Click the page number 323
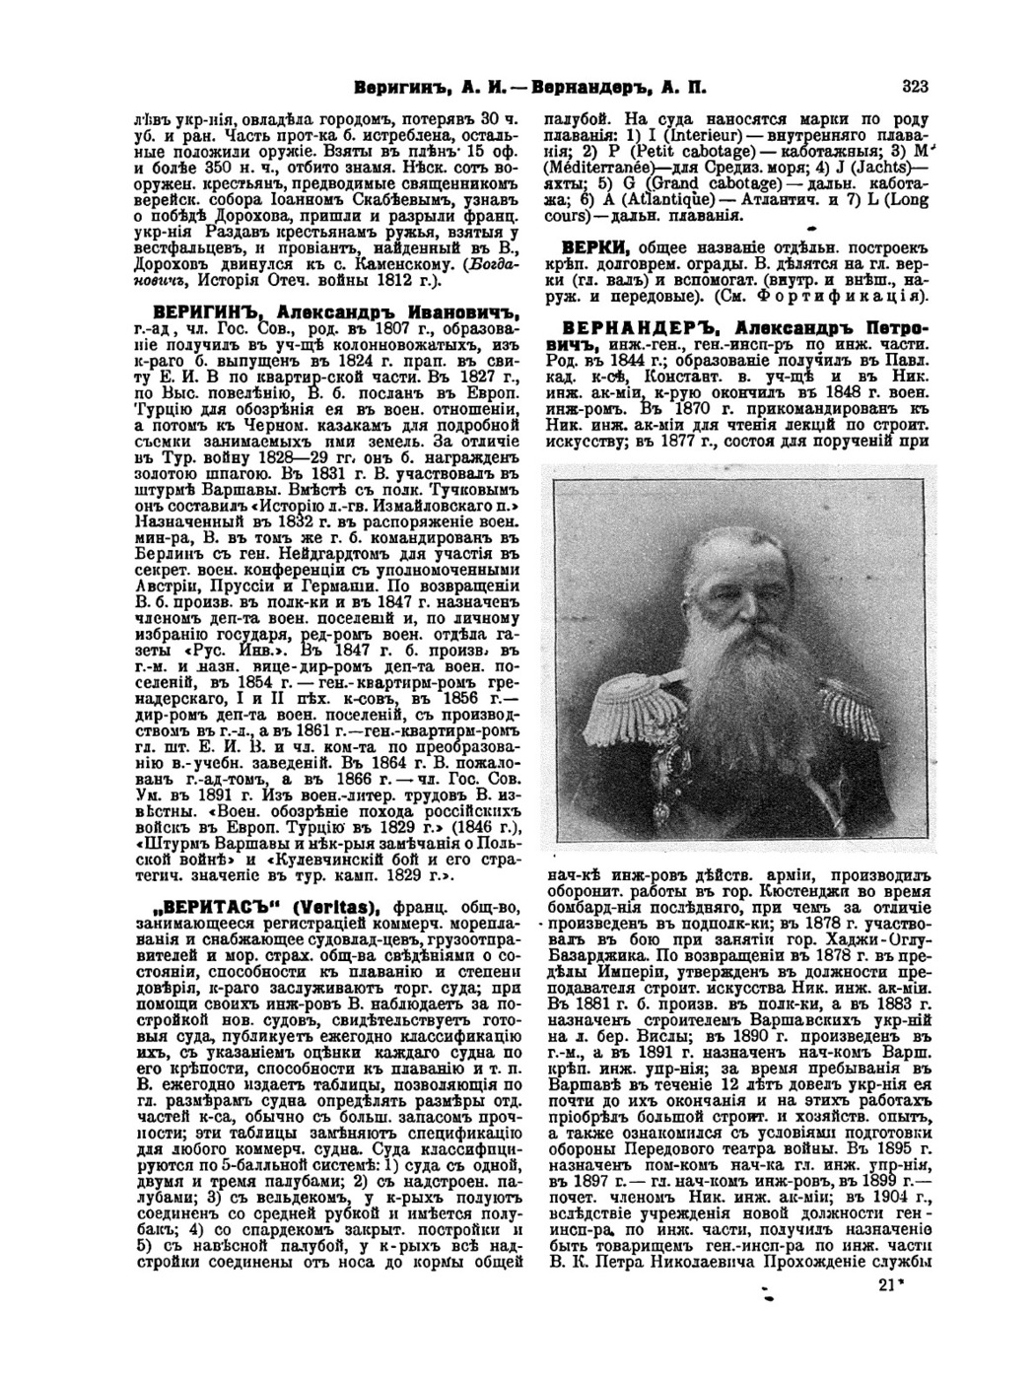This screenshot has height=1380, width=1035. tap(914, 86)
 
